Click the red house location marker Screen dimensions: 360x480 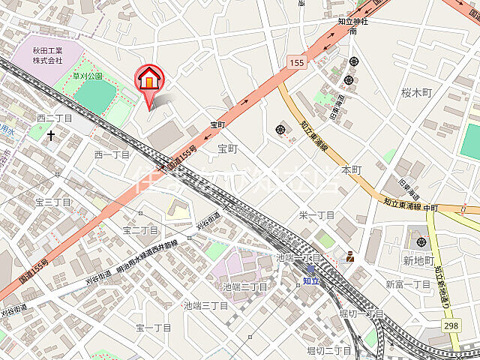148,79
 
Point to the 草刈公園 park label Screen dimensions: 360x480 86,76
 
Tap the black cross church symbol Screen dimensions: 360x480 51,136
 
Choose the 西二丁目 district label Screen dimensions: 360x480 54,118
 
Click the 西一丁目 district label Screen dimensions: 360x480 112,154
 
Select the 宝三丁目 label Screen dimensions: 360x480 52,202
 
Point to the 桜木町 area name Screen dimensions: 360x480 417,93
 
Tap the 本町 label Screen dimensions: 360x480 351,170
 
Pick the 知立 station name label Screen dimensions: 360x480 311,281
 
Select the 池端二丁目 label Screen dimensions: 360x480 244,286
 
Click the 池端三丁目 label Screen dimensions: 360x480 205,305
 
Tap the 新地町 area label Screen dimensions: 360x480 418,260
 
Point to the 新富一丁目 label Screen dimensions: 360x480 409,284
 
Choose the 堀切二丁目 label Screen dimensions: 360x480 328,350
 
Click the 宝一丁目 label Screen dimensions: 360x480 154,328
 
